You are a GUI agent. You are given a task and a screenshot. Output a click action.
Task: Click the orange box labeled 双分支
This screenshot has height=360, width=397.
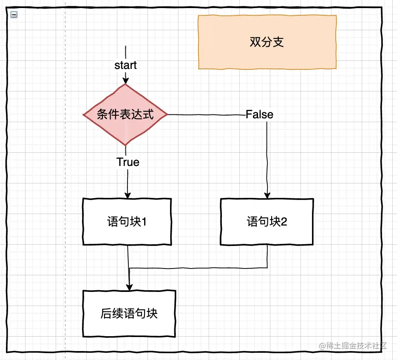267,42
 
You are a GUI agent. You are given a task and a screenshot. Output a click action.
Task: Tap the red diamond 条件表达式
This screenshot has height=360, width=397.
125,114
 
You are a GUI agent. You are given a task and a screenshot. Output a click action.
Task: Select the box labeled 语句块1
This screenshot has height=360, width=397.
127,222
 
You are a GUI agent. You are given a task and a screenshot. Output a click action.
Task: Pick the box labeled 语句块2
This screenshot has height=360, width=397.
267,222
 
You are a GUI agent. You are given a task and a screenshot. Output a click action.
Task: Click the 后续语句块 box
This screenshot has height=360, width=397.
129,314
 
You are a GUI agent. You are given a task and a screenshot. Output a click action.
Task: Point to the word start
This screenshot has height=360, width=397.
125,65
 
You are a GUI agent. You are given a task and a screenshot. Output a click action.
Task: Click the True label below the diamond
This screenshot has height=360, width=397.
128,162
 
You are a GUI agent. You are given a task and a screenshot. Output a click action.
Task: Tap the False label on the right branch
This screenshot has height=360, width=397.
259,114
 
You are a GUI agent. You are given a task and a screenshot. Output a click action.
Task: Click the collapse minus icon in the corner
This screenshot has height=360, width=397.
14,14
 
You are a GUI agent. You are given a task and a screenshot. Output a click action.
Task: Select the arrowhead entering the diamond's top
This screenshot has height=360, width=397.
125,80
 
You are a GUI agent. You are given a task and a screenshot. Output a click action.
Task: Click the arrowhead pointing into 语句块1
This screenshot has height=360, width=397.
128,195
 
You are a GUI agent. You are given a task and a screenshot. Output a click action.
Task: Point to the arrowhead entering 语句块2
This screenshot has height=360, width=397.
267,195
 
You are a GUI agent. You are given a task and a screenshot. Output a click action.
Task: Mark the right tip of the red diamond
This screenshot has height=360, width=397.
167,114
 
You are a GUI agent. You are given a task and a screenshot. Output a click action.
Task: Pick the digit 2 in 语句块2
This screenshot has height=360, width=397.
284,222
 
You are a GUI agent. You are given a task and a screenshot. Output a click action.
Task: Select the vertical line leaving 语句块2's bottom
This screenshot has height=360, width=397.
267,256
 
